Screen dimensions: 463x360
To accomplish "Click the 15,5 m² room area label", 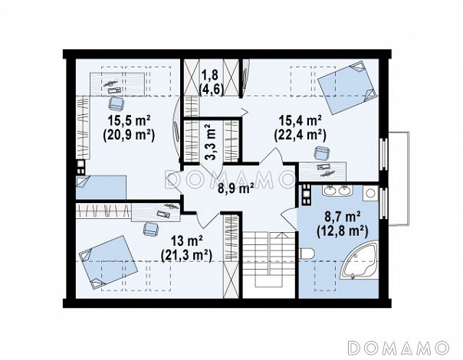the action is pyautogui.click(x=130, y=121).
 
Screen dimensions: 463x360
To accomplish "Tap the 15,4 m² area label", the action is pyautogui.click(x=300, y=120).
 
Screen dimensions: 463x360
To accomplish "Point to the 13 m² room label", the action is pyautogui.click(x=187, y=241).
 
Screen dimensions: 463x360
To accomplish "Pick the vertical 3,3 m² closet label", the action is pyautogui.click(x=211, y=142).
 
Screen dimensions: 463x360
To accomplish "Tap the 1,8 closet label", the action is pyautogui.click(x=209, y=75).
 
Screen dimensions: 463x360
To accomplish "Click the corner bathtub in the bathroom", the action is pyautogui.click(x=360, y=260).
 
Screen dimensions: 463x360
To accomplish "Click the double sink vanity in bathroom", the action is pyautogui.click(x=337, y=191).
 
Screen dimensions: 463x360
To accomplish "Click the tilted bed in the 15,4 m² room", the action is pyautogui.click(x=348, y=88).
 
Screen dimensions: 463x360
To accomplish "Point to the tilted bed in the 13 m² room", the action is pyautogui.click(x=108, y=262).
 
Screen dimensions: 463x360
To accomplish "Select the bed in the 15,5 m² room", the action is pyautogui.click(x=101, y=188).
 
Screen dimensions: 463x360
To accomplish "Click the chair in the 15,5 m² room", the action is pyautogui.click(x=117, y=104).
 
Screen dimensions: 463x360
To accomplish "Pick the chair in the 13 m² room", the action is pyautogui.click(x=151, y=229).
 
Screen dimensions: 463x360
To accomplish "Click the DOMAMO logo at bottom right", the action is pyautogui.click(x=399, y=347).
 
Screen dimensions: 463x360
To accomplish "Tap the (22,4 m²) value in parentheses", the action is pyautogui.click(x=300, y=136).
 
